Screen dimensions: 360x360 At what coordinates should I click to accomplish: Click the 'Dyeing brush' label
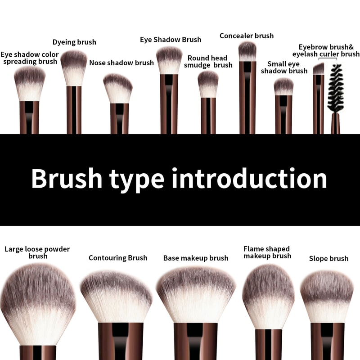pos(74,42)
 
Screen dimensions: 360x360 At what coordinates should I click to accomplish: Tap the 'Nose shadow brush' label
pos(121,63)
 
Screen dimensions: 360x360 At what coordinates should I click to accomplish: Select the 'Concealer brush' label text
pos(247,36)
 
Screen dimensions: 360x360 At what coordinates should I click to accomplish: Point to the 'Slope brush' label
pos(328,258)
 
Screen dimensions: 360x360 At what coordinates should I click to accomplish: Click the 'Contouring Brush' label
pos(118,258)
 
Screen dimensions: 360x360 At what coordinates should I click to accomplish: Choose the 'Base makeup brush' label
pos(196,258)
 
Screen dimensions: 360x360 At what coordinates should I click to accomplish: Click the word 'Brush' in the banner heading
pos(67,179)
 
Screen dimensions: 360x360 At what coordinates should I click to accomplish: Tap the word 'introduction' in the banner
pos(249,179)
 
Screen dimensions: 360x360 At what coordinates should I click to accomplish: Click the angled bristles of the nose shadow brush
pos(118,88)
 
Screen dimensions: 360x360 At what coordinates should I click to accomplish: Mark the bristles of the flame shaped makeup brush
pos(268,297)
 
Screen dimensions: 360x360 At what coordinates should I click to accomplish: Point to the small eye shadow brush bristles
pos(283,86)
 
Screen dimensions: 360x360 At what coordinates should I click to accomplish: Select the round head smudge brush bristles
pos(208,84)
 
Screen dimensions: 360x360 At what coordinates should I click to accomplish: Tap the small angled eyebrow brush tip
pos(319,69)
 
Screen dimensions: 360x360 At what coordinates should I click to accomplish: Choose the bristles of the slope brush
pos(327,297)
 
